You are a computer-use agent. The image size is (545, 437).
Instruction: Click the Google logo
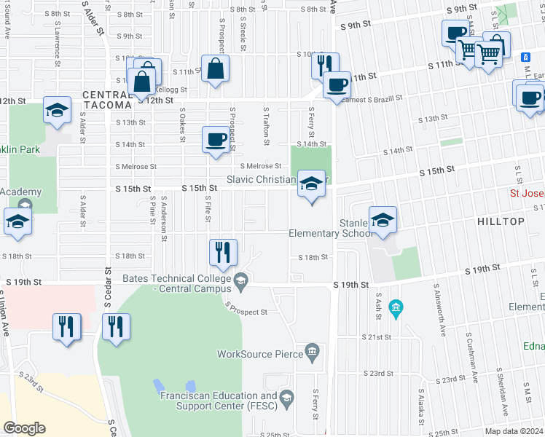click(24, 428)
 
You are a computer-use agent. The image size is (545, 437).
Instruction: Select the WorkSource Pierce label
click(259, 354)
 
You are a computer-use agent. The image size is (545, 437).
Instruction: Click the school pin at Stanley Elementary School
click(383, 220)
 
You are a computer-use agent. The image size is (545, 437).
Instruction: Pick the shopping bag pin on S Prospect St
click(216, 70)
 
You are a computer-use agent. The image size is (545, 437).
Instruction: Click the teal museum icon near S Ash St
click(396, 308)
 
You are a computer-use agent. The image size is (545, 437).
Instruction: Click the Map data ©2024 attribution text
click(514, 431)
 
